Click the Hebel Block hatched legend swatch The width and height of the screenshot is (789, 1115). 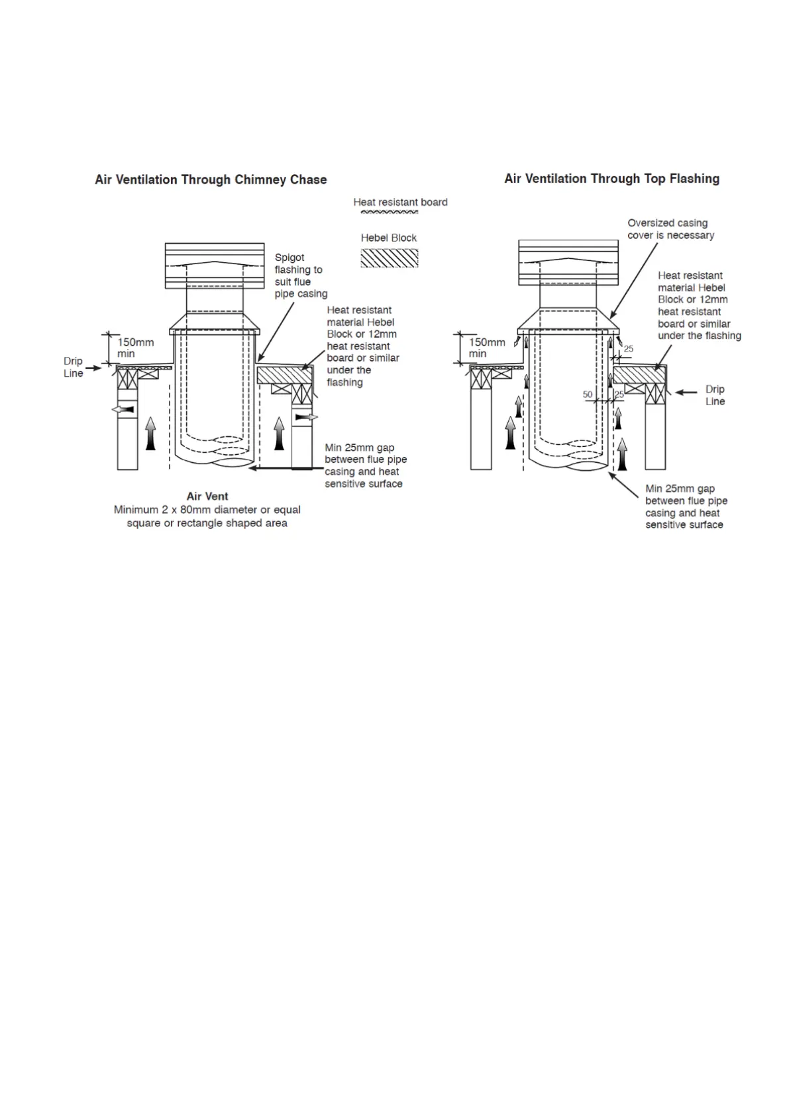[389, 258]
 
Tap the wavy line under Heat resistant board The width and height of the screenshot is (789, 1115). [389, 213]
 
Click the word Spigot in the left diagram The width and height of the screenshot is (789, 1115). [289, 258]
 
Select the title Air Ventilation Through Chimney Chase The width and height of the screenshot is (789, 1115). [211, 179]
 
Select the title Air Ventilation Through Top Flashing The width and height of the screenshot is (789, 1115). [611, 179]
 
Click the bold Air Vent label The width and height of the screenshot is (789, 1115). [207, 496]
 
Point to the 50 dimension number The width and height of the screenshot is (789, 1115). [588, 394]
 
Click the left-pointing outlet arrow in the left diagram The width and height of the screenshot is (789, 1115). [123, 410]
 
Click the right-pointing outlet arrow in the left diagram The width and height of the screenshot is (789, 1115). [306, 417]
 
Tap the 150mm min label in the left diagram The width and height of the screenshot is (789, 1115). [135, 348]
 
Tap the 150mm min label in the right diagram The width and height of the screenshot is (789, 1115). [487, 348]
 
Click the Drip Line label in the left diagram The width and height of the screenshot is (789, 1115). [73, 367]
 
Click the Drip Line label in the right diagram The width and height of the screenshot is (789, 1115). [715, 395]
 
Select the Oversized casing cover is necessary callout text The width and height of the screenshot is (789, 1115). [670, 229]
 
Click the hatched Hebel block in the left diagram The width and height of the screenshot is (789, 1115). [285, 375]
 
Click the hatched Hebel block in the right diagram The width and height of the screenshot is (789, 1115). [640, 375]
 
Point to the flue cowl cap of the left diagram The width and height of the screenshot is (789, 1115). [215, 266]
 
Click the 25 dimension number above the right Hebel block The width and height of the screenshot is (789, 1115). [629, 349]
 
